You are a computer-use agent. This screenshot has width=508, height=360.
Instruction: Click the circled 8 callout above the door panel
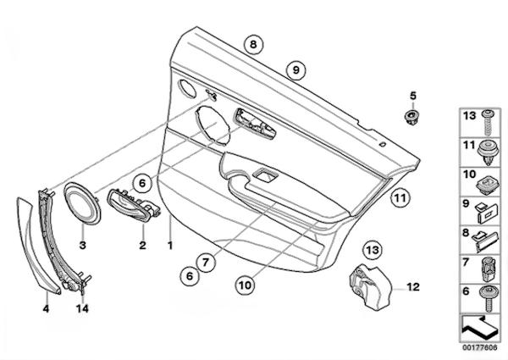coord(253,44)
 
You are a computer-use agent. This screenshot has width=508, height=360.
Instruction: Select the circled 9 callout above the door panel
coord(295,69)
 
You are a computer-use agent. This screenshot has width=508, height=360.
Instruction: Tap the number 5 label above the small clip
coord(413,96)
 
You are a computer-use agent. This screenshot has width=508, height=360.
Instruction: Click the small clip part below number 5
coord(412,117)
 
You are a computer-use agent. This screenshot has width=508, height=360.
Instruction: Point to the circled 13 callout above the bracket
coord(373,250)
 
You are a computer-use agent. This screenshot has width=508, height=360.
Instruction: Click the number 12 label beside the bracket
coord(413,287)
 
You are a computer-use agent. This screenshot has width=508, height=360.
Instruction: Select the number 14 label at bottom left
coord(82,308)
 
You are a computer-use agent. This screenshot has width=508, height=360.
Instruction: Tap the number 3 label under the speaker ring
coord(83,245)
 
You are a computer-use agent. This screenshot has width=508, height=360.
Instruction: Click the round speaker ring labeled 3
coord(83,202)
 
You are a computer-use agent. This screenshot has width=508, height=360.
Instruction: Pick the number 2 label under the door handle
coord(142,245)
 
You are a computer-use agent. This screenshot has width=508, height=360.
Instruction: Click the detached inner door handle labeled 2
coord(134,205)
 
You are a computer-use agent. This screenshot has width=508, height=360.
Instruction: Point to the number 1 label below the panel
coord(170,246)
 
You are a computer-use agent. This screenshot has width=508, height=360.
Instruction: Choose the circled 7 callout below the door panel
coord(206,262)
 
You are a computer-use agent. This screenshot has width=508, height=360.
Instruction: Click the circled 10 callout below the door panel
coord(246,285)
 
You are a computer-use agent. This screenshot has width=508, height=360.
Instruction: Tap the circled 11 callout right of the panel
coord(400,197)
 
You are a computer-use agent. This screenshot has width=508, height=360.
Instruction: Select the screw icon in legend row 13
coord(487,123)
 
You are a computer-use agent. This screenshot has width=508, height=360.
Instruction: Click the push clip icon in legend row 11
coord(489,152)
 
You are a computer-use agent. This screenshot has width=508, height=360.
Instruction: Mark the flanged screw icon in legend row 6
coord(489,298)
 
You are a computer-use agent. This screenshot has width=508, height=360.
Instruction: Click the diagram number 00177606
coord(479,347)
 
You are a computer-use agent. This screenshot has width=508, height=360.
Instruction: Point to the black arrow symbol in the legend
coord(480,328)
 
